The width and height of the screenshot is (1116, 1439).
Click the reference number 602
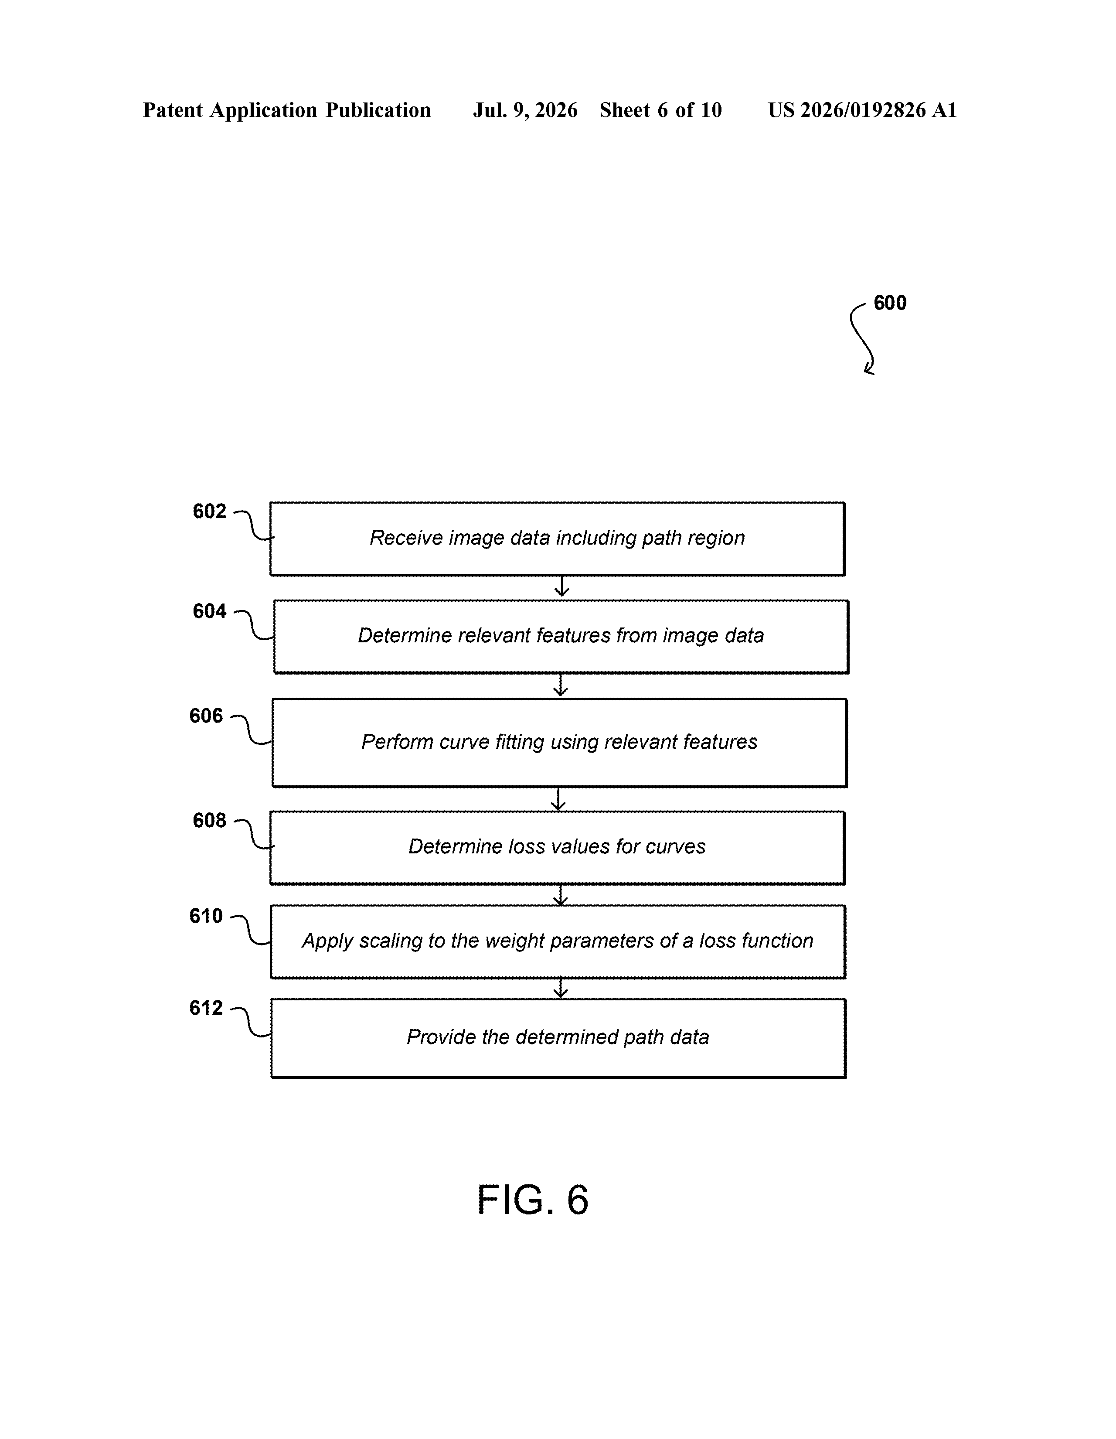tap(210, 511)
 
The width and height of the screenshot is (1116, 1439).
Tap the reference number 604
tap(210, 611)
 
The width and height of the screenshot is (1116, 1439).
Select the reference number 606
tap(206, 716)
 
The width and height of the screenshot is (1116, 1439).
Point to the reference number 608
tap(210, 820)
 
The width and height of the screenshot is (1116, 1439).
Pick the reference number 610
tap(206, 916)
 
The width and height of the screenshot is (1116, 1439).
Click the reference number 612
tap(206, 1007)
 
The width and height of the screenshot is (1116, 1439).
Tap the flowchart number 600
tap(890, 303)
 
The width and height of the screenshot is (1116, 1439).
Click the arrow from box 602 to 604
tap(561, 587)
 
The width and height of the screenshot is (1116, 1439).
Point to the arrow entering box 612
tap(560, 988)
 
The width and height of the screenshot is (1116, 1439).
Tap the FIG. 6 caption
tap(532, 1200)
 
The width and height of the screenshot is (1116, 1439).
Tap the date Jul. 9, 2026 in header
tap(525, 110)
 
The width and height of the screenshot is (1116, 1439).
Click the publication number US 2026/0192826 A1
tap(862, 110)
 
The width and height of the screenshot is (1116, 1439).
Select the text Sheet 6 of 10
tap(661, 110)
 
